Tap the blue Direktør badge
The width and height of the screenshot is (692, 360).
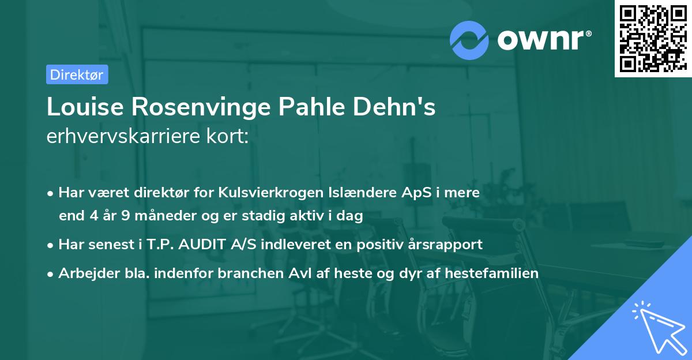click(77, 74)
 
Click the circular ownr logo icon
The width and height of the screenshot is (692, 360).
click(470, 40)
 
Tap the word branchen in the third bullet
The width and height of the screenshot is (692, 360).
click(254, 273)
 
